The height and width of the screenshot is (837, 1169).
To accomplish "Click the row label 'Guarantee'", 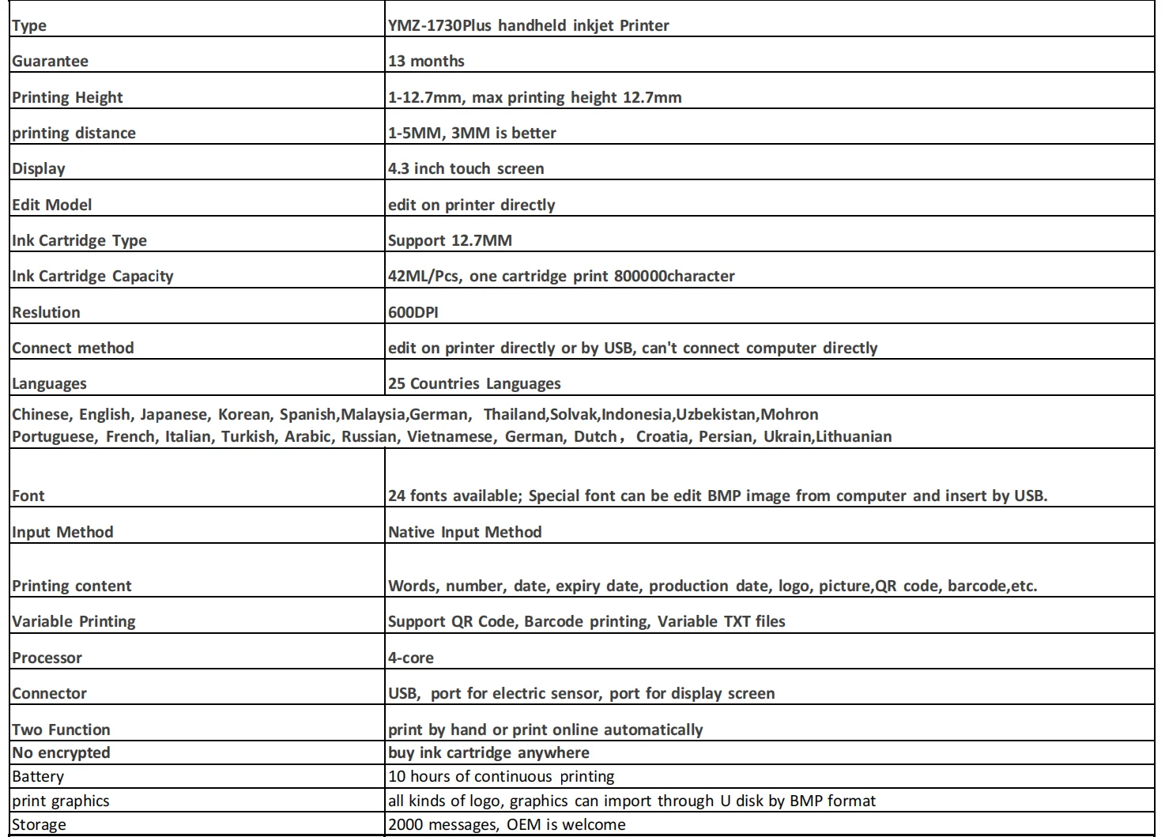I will point(50,62).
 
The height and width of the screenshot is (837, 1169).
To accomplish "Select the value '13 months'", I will point(426,62).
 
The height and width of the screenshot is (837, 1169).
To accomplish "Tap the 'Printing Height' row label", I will point(67,98).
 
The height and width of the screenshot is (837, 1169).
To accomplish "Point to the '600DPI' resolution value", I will point(413,312).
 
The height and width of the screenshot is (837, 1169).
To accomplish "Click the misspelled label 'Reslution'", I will point(46,312).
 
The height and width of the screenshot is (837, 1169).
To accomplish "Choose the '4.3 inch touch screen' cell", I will point(466,169).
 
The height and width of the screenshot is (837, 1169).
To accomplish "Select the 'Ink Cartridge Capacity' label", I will point(92,277).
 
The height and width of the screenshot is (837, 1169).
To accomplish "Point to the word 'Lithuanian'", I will point(854,437).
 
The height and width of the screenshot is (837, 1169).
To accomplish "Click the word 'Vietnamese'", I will point(449,437).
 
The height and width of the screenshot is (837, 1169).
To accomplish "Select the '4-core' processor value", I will point(410,658).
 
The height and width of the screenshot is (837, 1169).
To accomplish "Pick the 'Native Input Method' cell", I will point(465,533).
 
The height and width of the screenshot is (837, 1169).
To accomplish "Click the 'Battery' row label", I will point(38,777).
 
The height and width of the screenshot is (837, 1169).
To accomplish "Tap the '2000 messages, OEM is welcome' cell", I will point(507,825).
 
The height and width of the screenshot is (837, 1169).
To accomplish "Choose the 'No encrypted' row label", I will point(61,753).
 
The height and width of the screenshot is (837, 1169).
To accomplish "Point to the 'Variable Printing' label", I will point(74,622).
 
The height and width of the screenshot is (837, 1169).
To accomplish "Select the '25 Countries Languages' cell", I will point(474,384).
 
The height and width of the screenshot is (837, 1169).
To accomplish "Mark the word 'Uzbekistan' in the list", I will point(718,415).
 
